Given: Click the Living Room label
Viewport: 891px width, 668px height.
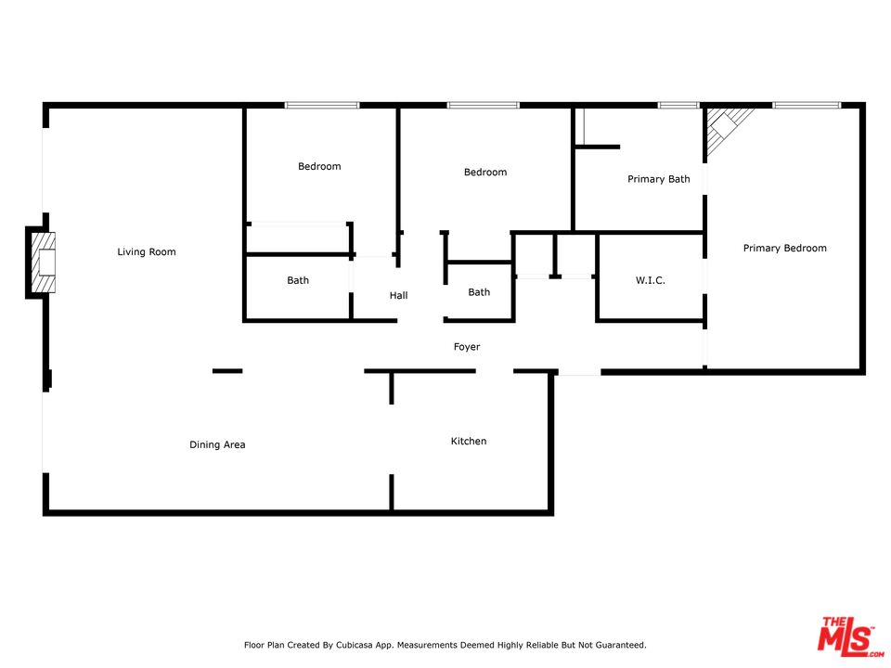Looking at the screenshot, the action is pyautogui.click(x=147, y=251).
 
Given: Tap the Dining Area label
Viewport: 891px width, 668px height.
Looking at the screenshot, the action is pyautogui.click(x=217, y=444).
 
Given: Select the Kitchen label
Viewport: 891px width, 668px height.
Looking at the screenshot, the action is pyautogui.click(x=468, y=441).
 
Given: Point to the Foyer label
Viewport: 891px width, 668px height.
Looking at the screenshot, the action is pyautogui.click(x=467, y=346).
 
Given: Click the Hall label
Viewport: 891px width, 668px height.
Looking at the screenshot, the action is pyautogui.click(x=398, y=295).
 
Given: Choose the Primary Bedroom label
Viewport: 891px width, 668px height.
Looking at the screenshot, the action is pyautogui.click(x=785, y=248).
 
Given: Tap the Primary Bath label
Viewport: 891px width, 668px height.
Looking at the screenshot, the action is pyautogui.click(x=659, y=179).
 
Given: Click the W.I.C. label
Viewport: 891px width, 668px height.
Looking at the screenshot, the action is pyautogui.click(x=650, y=280).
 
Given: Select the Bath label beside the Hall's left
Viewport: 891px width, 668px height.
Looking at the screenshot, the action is pyautogui.click(x=298, y=280).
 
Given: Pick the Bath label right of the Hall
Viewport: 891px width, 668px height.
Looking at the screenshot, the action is pyautogui.click(x=479, y=292).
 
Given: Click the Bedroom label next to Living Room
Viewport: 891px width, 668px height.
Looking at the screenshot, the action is pyautogui.click(x=319, y=166).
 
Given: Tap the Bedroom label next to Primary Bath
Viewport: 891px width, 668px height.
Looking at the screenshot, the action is pyautogui.click(x=485, y=173).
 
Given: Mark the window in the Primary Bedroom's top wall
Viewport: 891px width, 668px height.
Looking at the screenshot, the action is pyautogui.click(x=807, y=105).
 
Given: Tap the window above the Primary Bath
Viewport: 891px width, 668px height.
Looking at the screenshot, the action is pyautogui.click(x=678, y=105).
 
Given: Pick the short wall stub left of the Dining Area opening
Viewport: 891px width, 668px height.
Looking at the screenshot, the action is pyautogui.click(x=227, y=371).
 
